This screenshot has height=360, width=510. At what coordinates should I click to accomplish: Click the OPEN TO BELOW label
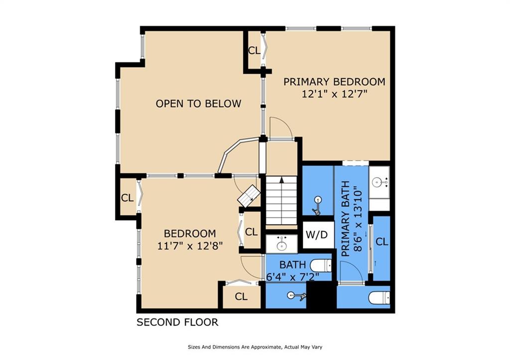coord(198,104)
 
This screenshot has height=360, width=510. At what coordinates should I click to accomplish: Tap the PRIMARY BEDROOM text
coord(334,82)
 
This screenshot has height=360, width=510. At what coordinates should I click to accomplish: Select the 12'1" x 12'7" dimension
coord(334,94)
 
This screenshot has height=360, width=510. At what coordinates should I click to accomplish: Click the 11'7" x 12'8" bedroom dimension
coord(190,246)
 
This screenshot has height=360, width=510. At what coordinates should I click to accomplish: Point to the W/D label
coord(316,235)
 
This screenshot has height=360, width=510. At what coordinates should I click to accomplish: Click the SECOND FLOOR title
coord(177,322)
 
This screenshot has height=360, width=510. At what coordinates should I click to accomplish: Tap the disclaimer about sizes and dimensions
coord(255,347)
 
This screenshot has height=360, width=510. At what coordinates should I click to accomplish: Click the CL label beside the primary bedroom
coord(255,51)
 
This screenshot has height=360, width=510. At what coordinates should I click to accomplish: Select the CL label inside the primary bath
coord(382,242)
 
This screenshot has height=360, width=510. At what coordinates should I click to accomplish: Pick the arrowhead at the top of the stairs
coord(282,179)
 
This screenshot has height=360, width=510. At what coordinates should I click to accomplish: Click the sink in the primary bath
coord(379,182)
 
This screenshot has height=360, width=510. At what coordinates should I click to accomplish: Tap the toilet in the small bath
coord(321,265)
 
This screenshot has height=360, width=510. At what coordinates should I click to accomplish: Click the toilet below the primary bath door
coord(379,297)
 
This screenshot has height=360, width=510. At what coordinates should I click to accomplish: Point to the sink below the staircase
coord(281,243)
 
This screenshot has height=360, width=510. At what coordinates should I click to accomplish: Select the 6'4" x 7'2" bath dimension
coord(293,277)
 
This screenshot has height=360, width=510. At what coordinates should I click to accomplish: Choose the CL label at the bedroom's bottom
coord(241,297)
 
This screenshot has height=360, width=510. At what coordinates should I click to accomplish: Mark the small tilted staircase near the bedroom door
coord(250,196)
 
